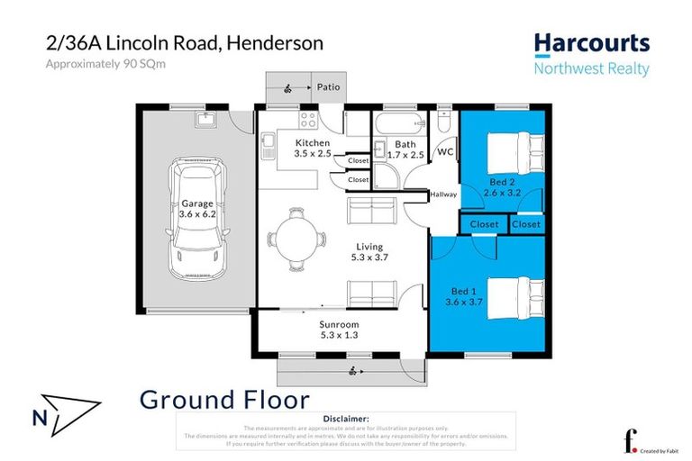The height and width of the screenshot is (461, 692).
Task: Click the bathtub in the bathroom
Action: point(400,123)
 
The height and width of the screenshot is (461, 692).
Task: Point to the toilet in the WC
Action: point(443,124)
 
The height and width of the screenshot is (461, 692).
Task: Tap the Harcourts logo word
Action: point(591,44)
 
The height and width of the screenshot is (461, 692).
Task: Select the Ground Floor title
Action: point(224,400)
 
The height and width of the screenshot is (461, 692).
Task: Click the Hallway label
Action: point(443,194)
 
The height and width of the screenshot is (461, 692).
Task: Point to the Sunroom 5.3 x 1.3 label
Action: point(339,330)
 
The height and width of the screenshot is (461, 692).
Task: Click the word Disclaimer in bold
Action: point(345,419)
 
